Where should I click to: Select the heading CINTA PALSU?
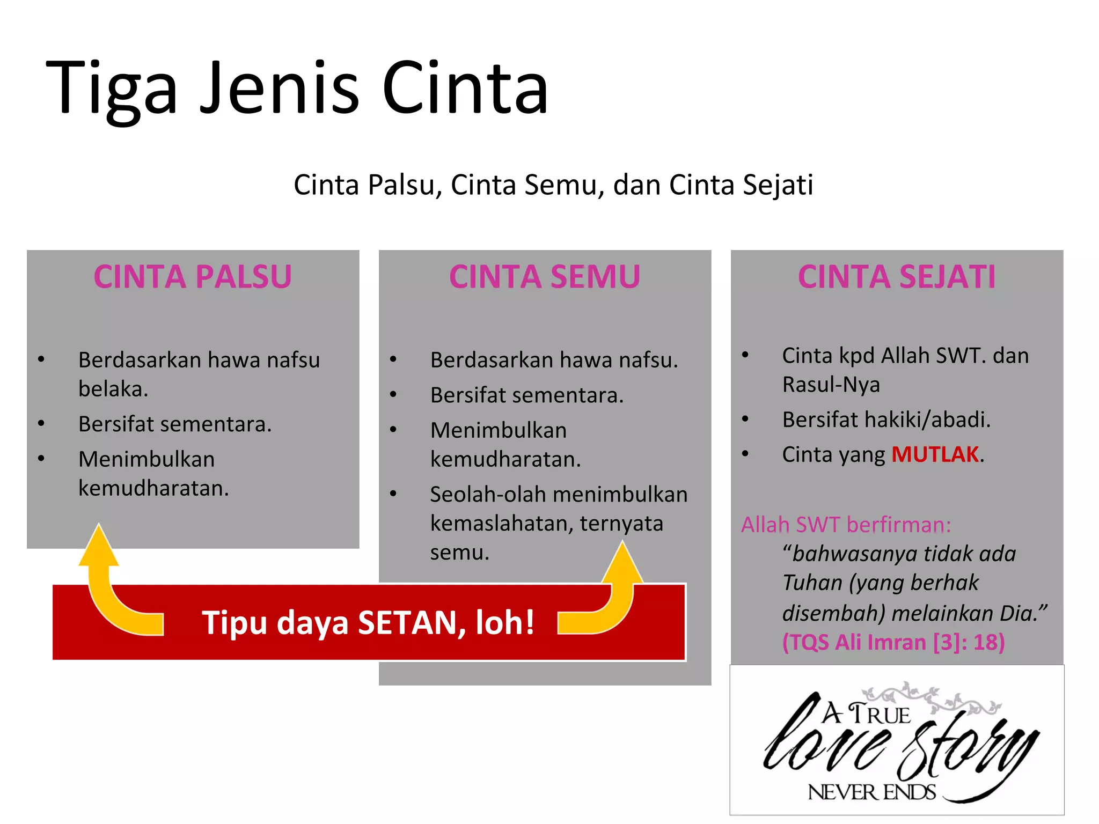click(x=193, y=277)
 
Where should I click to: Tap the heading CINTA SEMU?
click(x=545, y=277)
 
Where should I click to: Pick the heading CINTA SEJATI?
click(x=897, y=277)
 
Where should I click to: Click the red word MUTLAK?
click(x=935, y=454)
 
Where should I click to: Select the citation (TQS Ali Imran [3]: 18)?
click(x=893, y=642)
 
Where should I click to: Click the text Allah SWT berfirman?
click(x=846, y=525)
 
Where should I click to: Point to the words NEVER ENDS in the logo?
click(x=871, y=792)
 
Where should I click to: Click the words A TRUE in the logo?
click(x=866, y=714)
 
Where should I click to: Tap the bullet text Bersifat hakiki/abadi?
click(x=886, y=420)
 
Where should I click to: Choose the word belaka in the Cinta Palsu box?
click(x=113, y=389)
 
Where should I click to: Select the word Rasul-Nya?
click(x=831, y=385)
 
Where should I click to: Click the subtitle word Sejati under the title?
click(x=778, y=185)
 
